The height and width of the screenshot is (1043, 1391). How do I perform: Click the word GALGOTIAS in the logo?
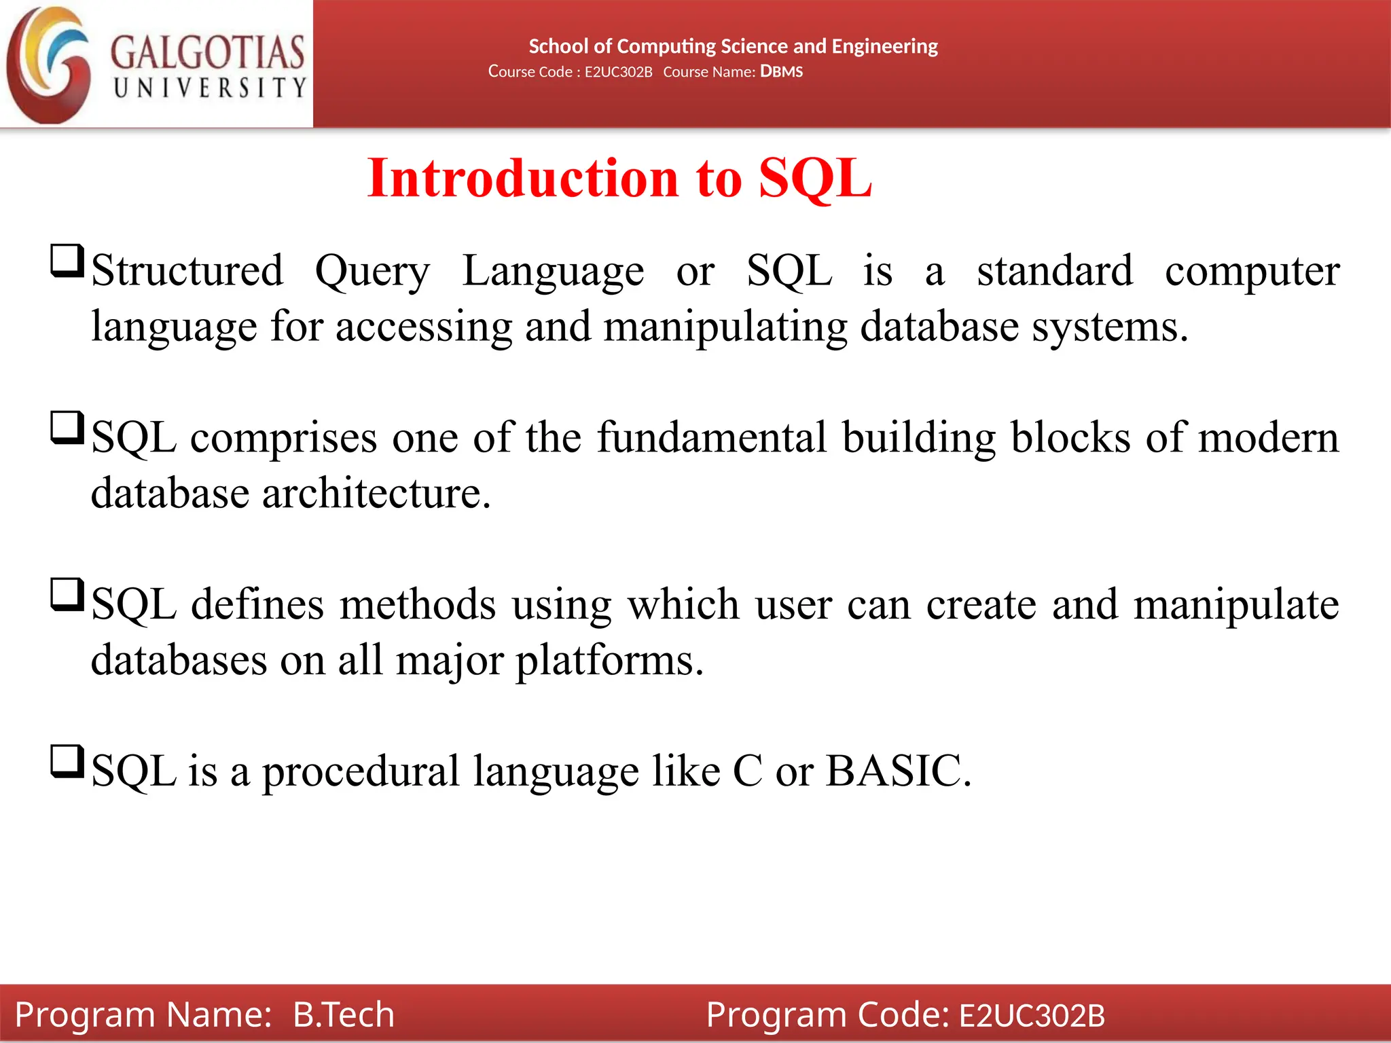click(x=207, y=52)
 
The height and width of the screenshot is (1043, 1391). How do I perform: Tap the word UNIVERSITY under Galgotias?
click(x=210, y=88)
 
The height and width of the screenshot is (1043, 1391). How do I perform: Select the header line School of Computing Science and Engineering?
click(x=733, y=46)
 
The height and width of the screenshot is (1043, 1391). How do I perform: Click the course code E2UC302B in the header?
click(x=618, y=72)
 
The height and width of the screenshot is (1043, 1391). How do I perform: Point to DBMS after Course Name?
click(x=781, y=71)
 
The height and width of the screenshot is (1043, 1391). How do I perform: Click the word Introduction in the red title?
click(x=523, y=178)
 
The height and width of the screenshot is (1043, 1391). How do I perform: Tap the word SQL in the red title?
click(x=815, y=178)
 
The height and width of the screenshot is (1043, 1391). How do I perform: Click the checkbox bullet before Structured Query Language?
click(x=67, y=261)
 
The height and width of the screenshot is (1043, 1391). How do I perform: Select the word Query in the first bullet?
click(x=372, y=272)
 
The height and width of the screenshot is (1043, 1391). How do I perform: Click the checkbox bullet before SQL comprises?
click(x=67, y=428)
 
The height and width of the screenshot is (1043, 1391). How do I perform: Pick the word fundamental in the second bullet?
click(x=712, y=437)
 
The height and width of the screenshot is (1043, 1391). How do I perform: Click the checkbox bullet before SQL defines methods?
click(x=67, y=595)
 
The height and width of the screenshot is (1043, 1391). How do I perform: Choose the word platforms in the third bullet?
click(x=609, y=660)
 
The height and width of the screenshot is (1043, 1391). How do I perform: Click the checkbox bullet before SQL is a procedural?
click(x=67, y=762)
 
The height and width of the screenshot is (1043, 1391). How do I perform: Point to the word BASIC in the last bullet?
click(x=898, y=771)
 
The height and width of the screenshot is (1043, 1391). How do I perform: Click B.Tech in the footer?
click(x=344, y=1014)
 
